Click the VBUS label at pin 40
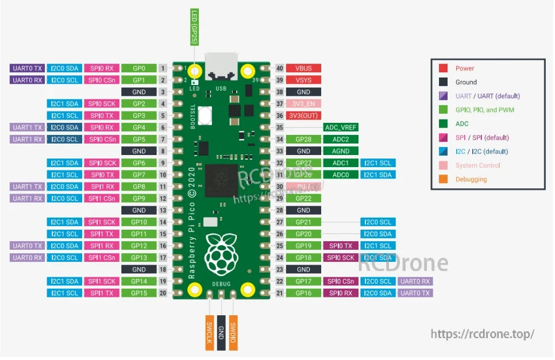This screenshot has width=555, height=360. click(x=303, y=68)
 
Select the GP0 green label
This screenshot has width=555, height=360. click(x=138, y=68)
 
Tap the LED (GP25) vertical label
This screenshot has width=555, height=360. click(x=195, y=27)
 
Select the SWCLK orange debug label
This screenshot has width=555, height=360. click(x=210, y=333)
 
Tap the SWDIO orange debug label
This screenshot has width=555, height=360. click(x=233, y=333)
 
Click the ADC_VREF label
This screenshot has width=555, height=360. click(x=341, y=127)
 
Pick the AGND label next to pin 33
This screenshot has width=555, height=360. click(x=341, y=151)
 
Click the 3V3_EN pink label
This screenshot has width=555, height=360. click(x=303, y=104)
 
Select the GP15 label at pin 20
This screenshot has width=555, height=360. click(x=138, y=293)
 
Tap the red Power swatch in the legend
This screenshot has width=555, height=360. click(x=444, y=68)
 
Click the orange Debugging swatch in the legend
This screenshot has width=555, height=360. click(x=444, y=179)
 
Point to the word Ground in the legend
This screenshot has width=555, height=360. click(x=466, y=82)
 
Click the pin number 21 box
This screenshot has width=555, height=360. click(x=280, y=293)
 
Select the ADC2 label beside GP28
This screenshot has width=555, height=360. click(x=341, y=140)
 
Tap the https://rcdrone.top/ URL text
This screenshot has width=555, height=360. click(x=483, y=334)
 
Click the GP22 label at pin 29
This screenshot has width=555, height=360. click(x=303, y=198)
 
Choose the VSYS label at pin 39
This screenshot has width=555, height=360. click(x=303, y=80)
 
